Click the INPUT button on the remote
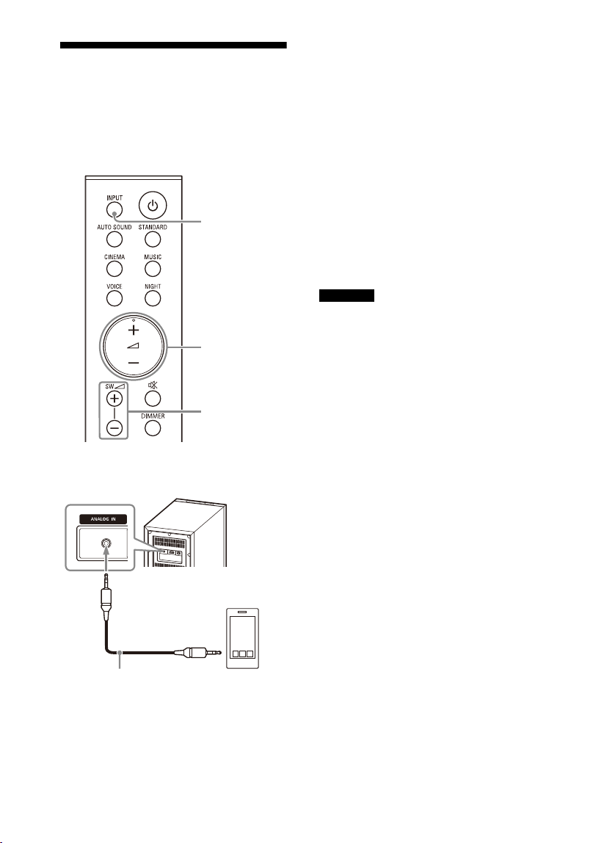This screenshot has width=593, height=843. click(114, 210)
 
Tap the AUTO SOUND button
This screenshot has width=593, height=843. click(114, 239)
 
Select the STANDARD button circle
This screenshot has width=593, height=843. click(153, 239)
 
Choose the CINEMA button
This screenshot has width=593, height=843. click(114, 269)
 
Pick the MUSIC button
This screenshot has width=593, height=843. click(153, 269)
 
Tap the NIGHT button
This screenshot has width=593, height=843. click(153, 298)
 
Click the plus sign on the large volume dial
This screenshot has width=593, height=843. click(134, 330)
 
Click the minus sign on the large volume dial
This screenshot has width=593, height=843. click(134, 363)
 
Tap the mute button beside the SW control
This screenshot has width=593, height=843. click(153, 399)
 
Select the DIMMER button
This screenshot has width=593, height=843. click(153, 428)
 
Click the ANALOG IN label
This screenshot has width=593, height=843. click(103, 519)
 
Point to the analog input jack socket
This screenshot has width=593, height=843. click(106, 545)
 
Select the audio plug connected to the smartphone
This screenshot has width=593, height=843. click(203, 654)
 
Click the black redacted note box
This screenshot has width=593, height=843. click(346, 296)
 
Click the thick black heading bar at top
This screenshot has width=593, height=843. click(173, 46)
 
